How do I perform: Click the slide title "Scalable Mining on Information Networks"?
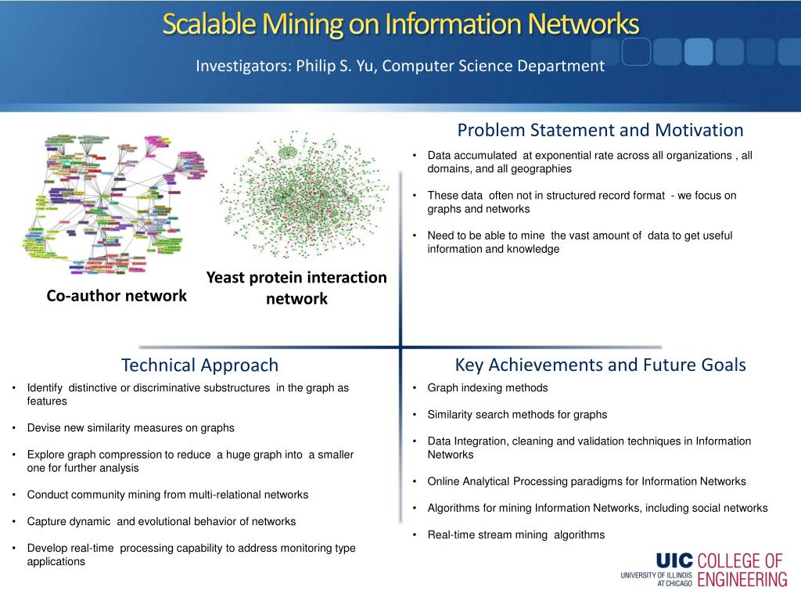400,24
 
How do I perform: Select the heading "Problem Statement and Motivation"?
600,130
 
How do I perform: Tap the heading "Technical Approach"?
199,365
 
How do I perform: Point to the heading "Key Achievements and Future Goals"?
600,365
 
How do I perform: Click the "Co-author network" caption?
117,295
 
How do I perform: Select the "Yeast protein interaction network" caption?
296,288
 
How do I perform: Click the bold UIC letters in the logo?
674,560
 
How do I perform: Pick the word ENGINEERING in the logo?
742,579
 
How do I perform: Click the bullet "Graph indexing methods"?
487,387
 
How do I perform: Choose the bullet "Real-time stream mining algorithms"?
515,535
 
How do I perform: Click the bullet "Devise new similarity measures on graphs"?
131,428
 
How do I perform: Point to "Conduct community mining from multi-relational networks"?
167,495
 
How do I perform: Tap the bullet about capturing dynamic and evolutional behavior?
161,521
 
